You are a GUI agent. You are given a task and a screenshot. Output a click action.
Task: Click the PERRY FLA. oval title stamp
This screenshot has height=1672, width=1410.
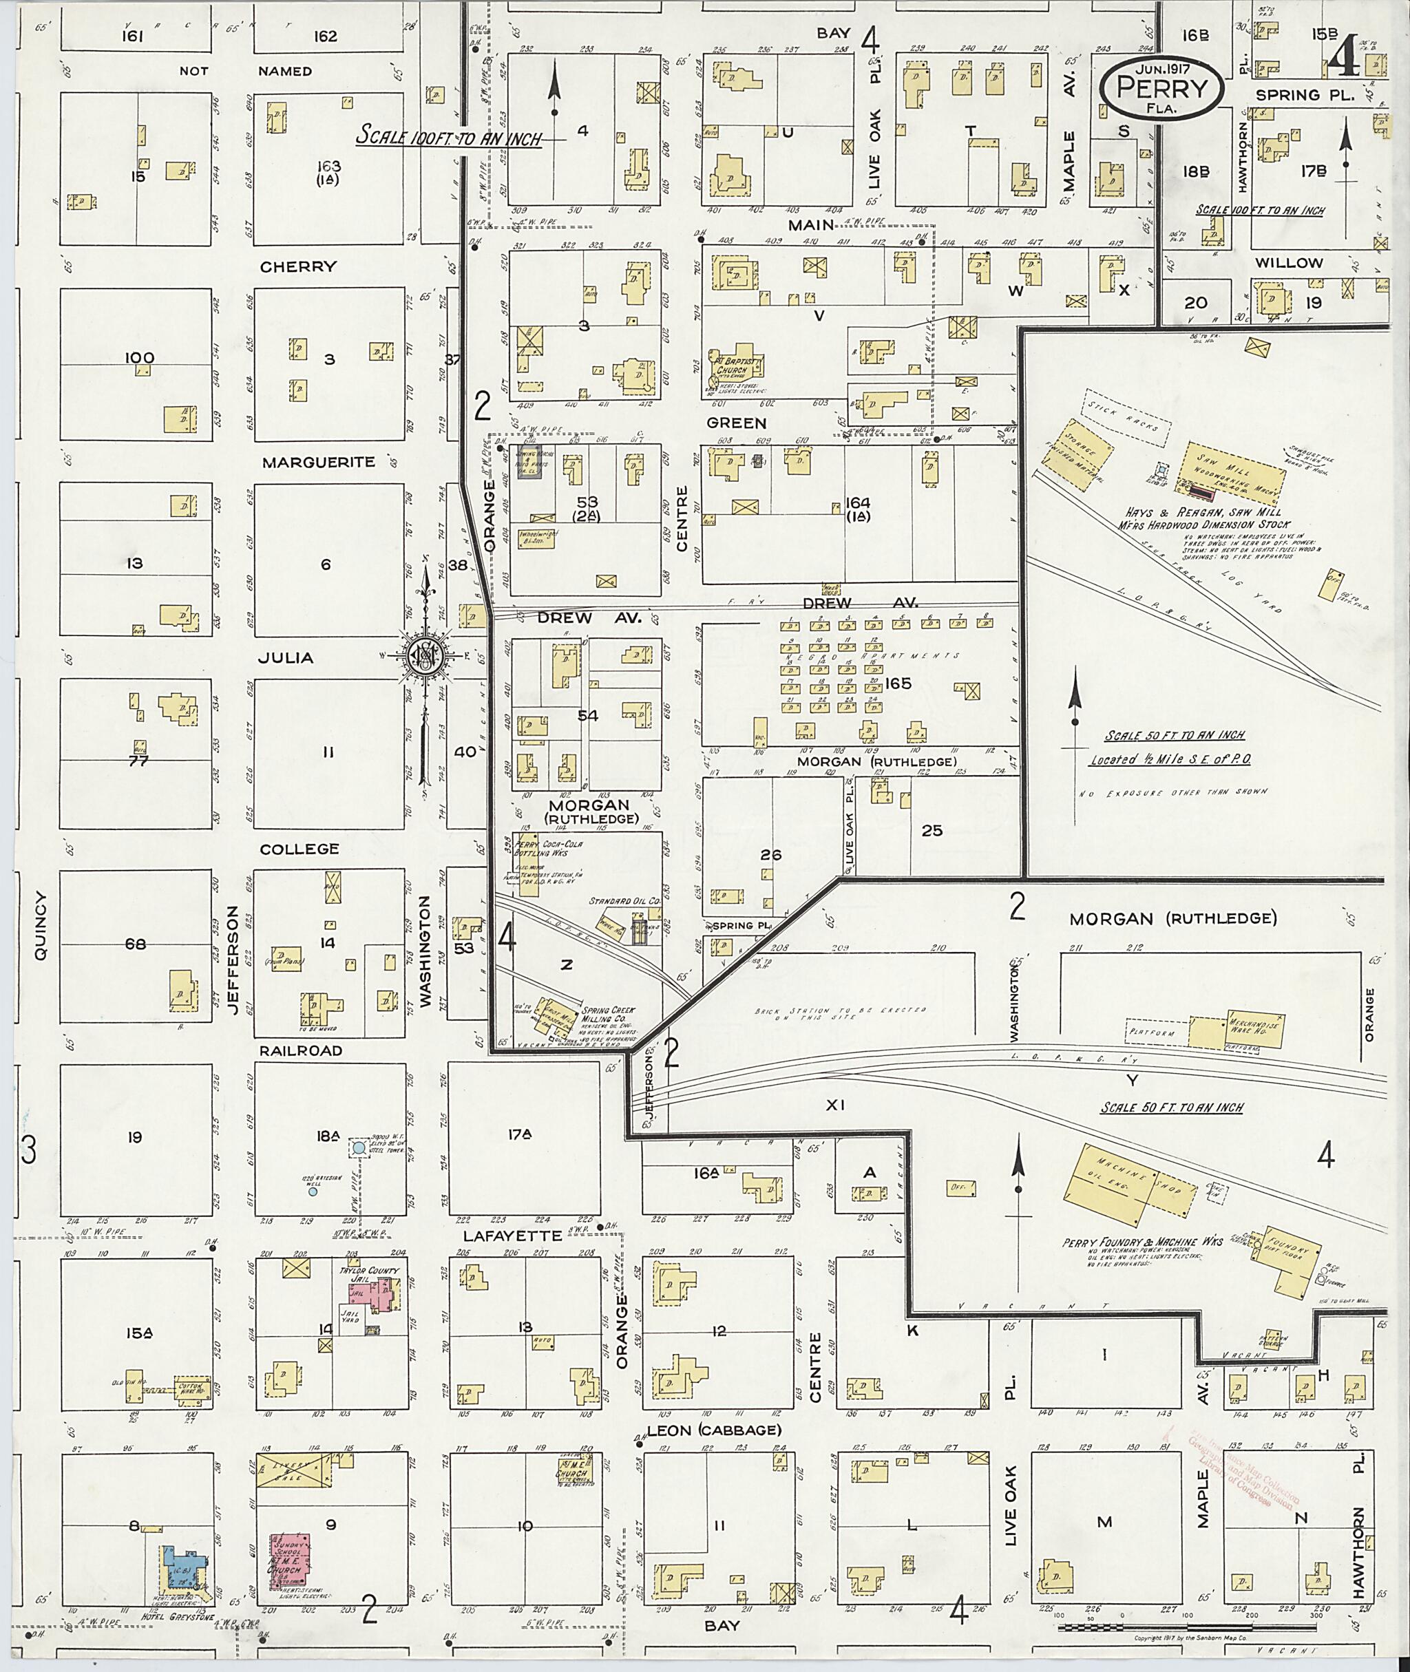point(1161,87)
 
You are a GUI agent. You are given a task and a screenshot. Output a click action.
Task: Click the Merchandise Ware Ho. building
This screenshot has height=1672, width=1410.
point(1236,1032)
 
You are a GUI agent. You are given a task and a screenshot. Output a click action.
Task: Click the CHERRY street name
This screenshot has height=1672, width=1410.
point(298,266)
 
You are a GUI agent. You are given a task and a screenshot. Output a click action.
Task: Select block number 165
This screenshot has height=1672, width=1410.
point(898,684)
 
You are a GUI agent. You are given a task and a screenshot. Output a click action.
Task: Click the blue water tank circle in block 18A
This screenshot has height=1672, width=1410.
point(359,1147)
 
